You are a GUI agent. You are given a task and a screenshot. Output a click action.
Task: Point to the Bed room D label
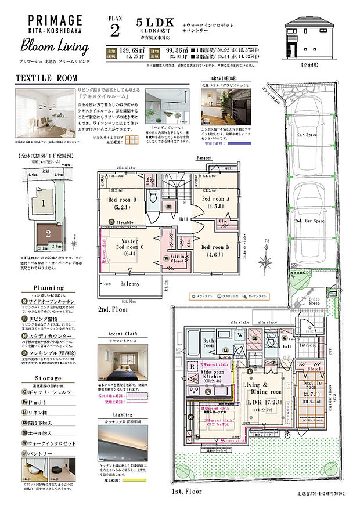click(122, 203)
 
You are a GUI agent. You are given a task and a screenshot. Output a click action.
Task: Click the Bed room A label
click(216, 203)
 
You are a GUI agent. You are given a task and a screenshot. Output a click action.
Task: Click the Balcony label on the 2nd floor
click(130, 284)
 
